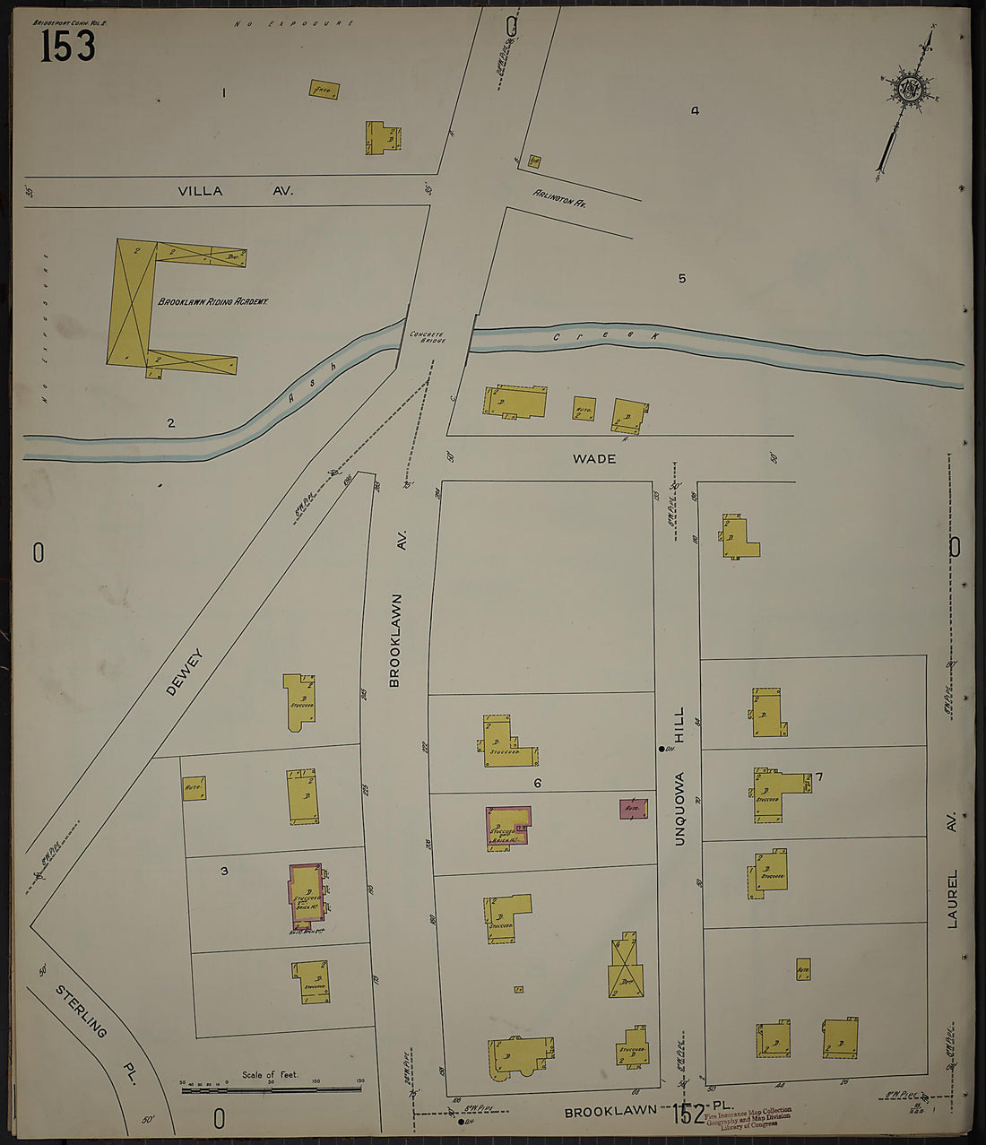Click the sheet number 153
pos(67,45)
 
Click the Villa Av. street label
pos(235,191)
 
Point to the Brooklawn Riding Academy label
pos(213,302)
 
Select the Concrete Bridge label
pos(427,338)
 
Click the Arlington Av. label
pos(559,198)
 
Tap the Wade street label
pos(594,459)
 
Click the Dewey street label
pos(186,672)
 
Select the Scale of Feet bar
pos(271,1089)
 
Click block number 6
pos(538,783)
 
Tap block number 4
pos(695,111)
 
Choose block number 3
pos(225,870)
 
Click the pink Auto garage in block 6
pos(633,809)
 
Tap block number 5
pos(682,279)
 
